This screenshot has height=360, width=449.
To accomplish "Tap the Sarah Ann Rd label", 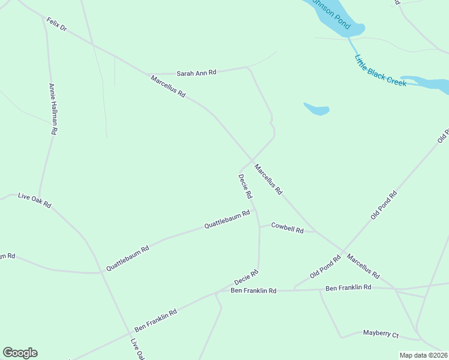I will (x=196, y=73).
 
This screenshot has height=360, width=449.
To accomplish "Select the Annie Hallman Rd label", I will (x=53, y=109).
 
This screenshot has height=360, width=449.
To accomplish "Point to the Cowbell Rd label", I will (x=287, y=227).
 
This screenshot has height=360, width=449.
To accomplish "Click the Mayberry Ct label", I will (x=381, y=333).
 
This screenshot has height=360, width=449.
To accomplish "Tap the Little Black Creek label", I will (x=380, y=71).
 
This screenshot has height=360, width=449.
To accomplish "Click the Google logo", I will (x=20, y=353).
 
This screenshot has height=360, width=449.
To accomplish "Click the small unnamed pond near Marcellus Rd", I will (x=316, y=109).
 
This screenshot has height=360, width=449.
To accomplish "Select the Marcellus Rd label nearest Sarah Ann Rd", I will (x=168, y=87).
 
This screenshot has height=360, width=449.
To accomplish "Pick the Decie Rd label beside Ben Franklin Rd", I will (x=246, y=277).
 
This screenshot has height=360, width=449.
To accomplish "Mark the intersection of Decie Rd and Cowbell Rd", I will (x=259, y=226).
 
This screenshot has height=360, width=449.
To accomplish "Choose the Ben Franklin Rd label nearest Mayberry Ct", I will (x=348, y=288).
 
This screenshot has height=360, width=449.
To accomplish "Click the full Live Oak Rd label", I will (x=34, y=200).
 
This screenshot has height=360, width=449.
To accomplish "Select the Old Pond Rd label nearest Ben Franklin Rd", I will (x=325, y=266).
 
